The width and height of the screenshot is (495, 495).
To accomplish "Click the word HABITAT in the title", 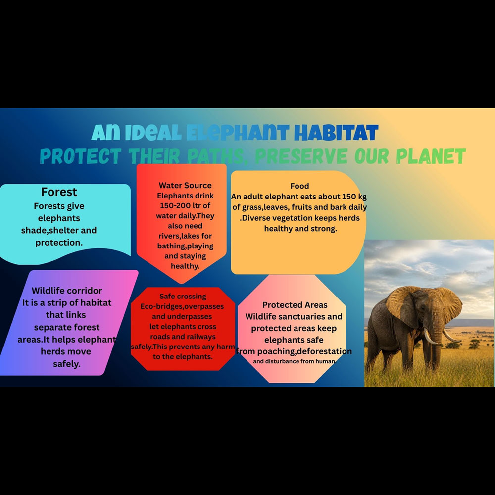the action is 336,133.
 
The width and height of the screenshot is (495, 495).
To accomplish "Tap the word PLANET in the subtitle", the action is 431,156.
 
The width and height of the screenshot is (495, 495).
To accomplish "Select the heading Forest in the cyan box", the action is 59,192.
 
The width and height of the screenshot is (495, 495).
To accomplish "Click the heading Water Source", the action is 185,185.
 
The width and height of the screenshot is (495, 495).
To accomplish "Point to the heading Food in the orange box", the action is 299,186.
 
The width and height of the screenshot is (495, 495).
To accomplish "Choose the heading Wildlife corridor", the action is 67,291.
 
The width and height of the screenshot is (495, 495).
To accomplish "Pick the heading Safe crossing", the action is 183,296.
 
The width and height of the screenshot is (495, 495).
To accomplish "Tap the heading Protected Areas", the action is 295,305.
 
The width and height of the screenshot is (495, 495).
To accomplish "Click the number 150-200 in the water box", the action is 175,205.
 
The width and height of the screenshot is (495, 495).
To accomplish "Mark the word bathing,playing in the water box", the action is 185,246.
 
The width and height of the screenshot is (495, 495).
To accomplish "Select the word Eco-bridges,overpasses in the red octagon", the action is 182,306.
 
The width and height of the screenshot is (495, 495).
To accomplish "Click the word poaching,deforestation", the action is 304,351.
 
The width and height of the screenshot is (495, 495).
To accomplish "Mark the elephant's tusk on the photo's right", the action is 451,336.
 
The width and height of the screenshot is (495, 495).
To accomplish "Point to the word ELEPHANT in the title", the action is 238,133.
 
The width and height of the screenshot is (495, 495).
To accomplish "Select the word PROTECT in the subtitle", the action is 81,156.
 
